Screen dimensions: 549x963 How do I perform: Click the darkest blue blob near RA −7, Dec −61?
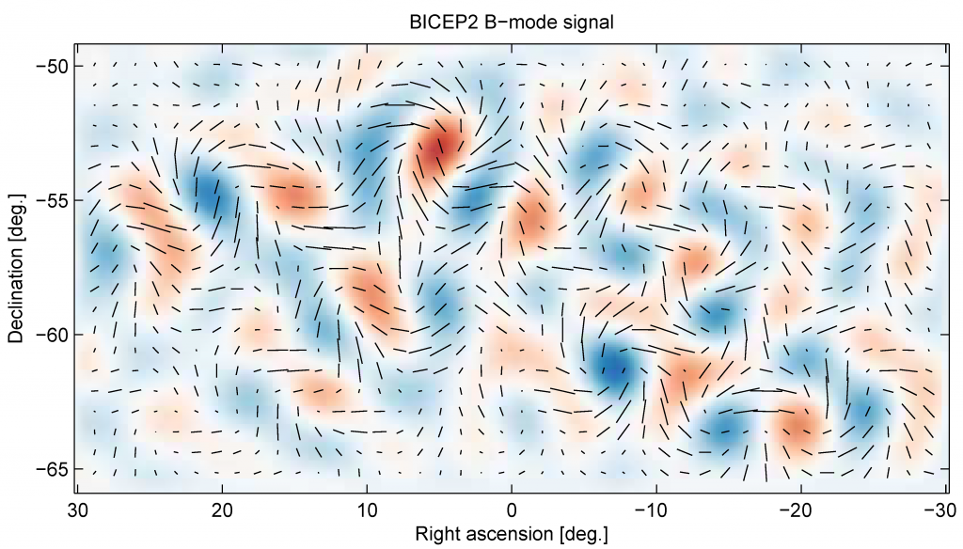point(613,366)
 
